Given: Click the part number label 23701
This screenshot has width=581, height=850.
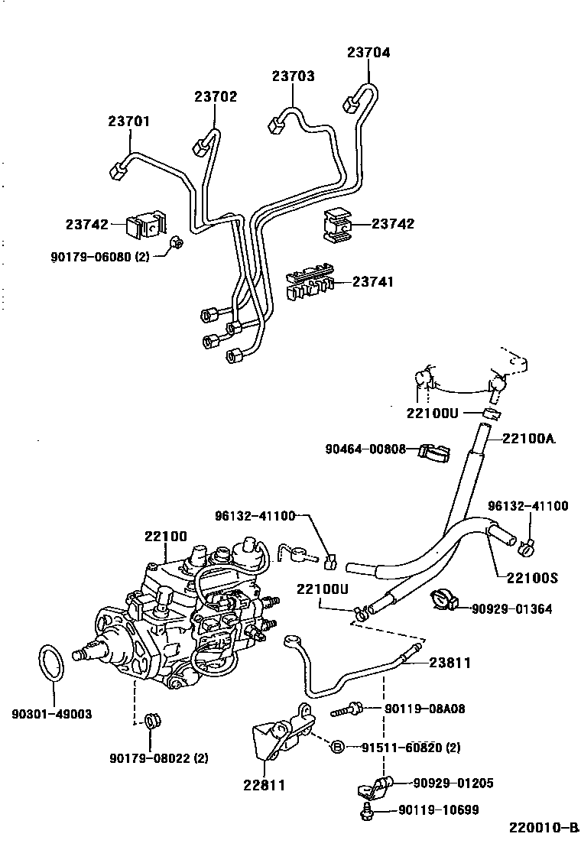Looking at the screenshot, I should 128,122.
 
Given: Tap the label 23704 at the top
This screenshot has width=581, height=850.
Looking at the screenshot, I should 368,53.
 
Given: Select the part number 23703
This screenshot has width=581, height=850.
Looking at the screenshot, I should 293,76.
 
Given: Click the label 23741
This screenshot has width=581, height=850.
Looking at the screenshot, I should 373,282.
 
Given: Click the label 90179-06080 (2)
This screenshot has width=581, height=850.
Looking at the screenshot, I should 100,258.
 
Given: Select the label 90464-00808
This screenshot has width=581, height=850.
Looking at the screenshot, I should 364,449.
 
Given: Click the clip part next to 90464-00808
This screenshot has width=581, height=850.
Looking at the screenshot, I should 432,454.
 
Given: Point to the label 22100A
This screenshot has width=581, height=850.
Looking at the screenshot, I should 529,438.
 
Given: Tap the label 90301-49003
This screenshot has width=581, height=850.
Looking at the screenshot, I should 51,714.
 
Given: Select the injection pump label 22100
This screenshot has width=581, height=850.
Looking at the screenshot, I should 165,537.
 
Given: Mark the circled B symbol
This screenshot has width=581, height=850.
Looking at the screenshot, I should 338,746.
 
